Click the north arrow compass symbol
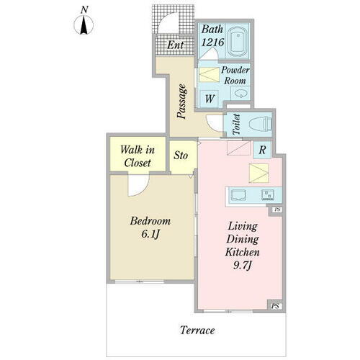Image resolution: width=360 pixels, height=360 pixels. tap(84, 24)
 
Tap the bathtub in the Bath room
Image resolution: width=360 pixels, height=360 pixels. tap(238, 42)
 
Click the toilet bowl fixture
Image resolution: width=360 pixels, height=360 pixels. tap(260, 124)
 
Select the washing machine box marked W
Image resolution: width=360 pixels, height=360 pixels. tap(210, 99)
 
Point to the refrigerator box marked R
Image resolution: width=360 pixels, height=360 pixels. tap(262, 150)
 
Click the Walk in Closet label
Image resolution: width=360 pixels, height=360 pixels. tap(138, 156)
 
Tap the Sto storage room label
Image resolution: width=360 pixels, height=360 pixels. tap(181, 156)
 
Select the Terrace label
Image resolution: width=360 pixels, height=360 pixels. tap(197, 330)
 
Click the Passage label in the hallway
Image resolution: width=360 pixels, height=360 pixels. tap(181, 102)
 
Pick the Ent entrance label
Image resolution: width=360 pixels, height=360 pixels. tap(176, 45)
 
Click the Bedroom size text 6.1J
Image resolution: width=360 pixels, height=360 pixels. tap(150, 234)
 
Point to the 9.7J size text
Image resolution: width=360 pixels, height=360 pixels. tap(243, 265)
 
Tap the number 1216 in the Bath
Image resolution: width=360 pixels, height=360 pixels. tap(212, 42)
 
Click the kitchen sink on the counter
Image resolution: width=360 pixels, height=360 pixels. tap(238, 195)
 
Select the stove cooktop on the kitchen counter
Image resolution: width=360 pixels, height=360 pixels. tap(268, 195)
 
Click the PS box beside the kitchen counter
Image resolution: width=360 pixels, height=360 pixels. tap(277, 210)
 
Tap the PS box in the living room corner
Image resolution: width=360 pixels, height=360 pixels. tap(275, 306)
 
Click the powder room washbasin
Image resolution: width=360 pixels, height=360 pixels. tap(239, 94)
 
